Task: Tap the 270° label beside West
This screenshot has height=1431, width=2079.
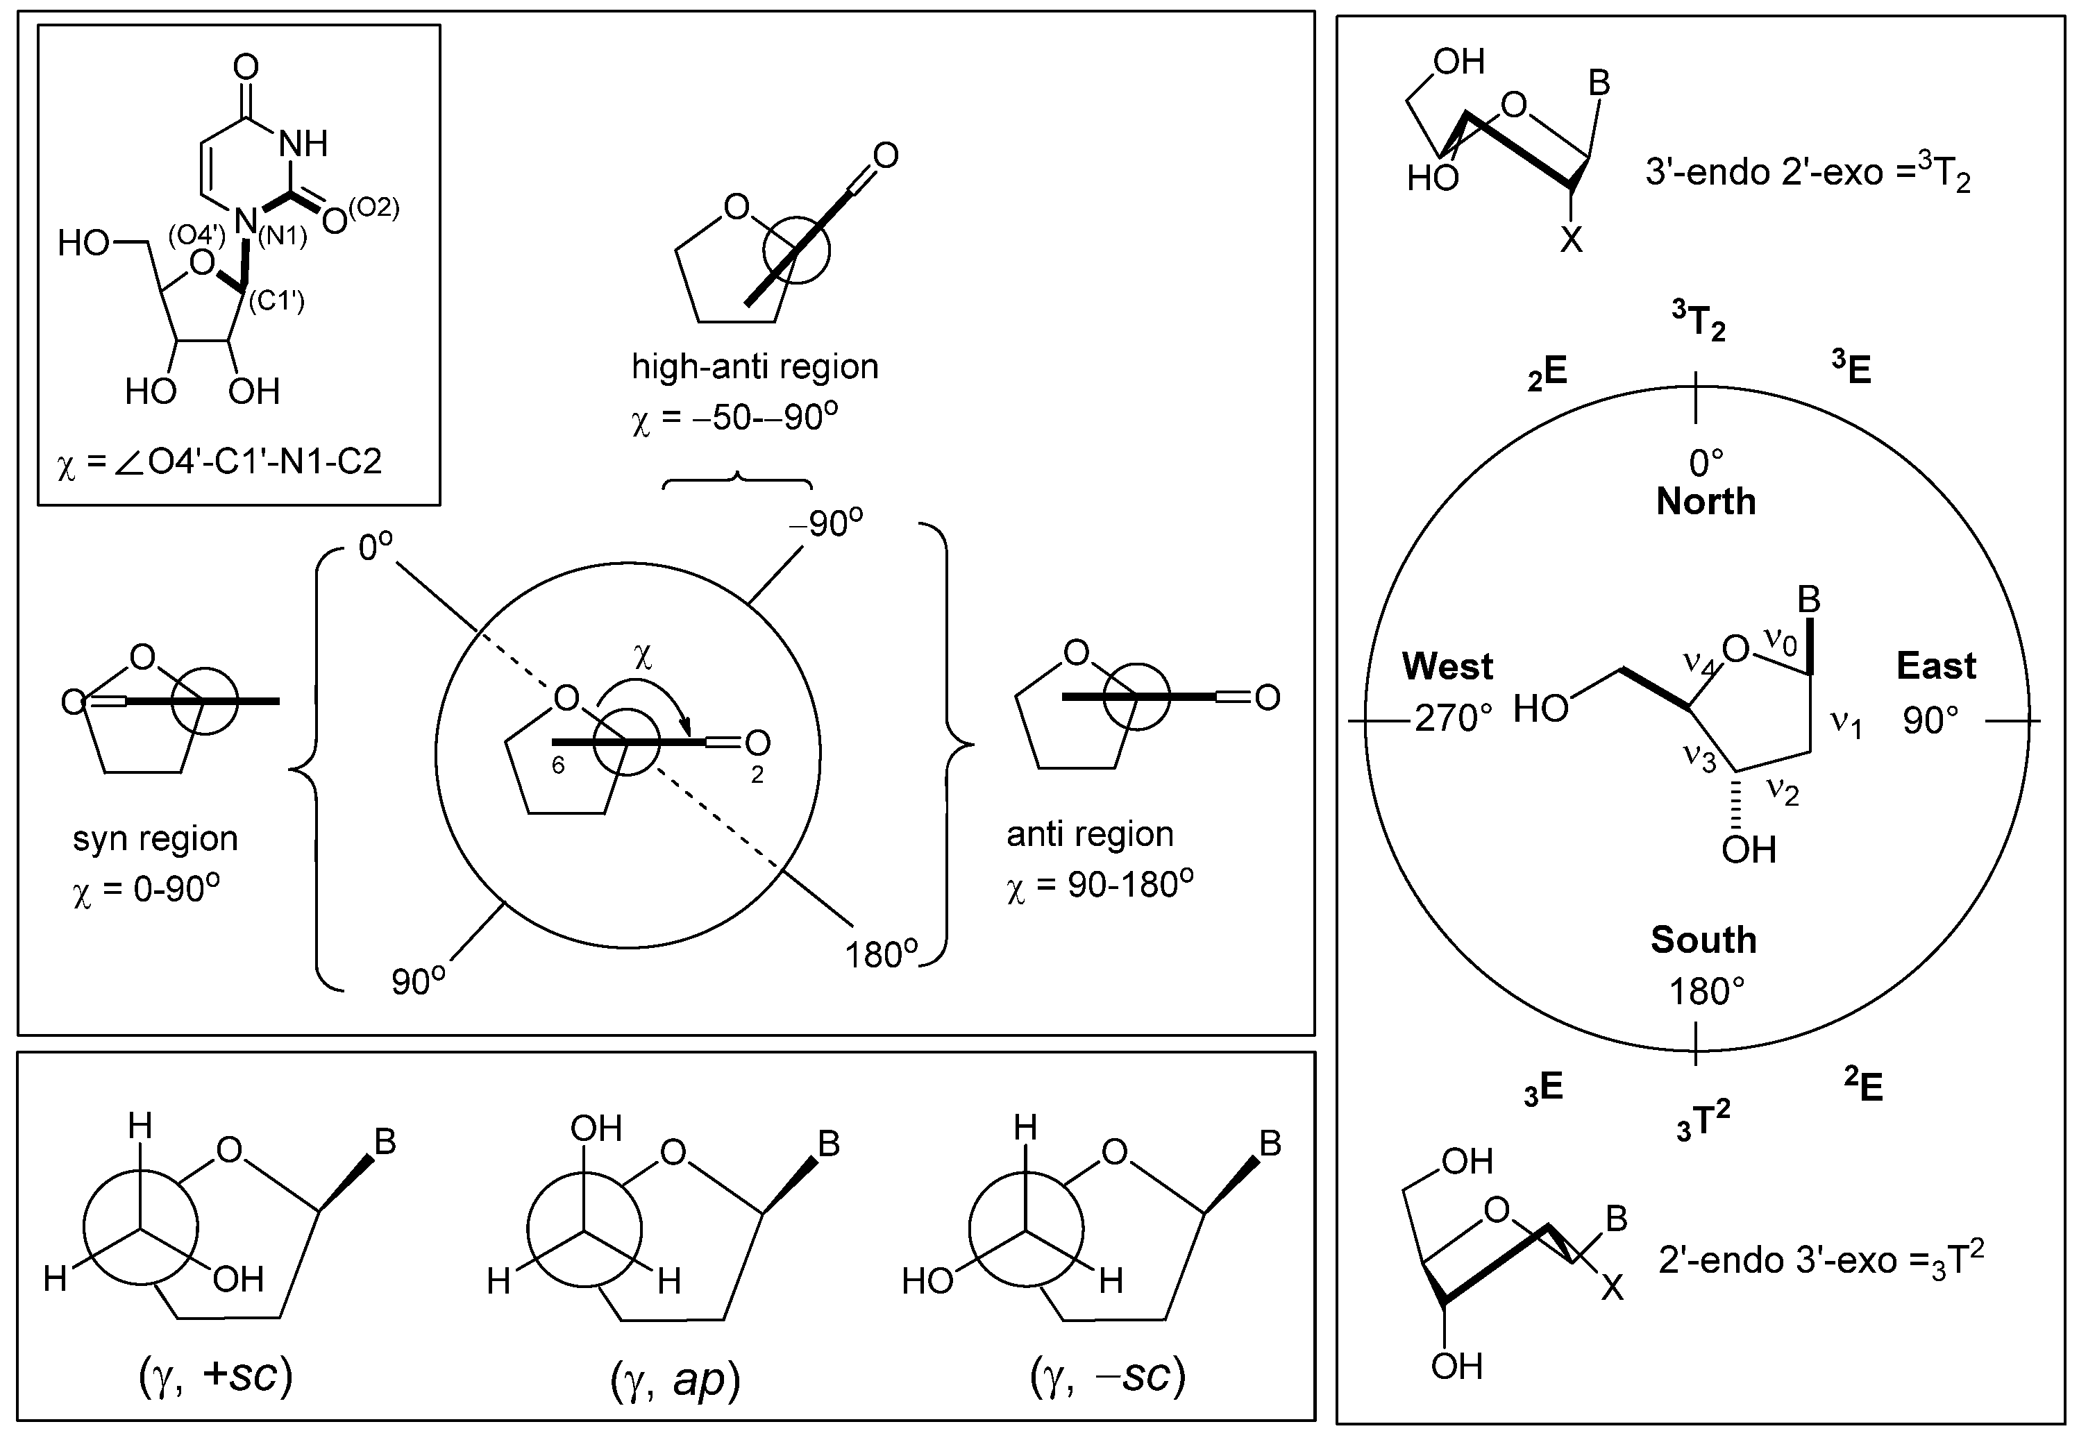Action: coord(1453,718)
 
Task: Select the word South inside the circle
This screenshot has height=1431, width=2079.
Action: coord(1702,940)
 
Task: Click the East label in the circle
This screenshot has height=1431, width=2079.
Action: coord(1935,666)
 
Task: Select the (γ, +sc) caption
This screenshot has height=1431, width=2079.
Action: coord(216,1375)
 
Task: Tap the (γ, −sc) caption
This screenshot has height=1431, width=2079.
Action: coord(1109,1375)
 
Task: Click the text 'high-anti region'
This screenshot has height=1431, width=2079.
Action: coord(755,366)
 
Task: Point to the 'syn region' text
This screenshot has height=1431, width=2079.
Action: coord(155,838)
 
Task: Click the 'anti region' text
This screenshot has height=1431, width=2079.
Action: coord(1089,834)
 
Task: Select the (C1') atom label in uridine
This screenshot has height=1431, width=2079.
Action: coord(276,300)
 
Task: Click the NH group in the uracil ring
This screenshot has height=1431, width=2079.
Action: coord(303,144)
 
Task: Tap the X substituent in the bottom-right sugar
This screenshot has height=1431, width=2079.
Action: coord(1612,1289)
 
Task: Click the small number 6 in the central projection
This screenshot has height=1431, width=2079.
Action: coord(558,765)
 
